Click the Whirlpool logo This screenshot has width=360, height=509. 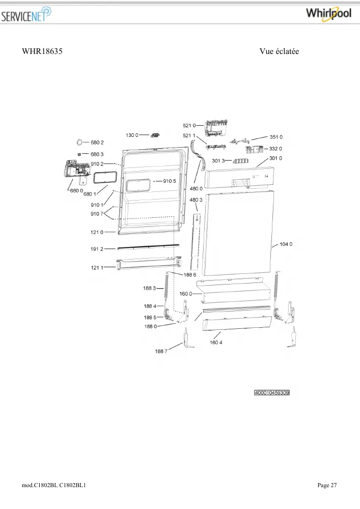[x=328, y=14]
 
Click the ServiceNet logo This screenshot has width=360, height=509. [x=26, y=14]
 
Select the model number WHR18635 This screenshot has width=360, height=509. [x=42, y=51]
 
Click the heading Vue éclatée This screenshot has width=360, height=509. [x=279, y=51]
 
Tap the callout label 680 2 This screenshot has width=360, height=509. [x=97, y=143]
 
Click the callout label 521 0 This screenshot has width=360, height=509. [x=189, y=126]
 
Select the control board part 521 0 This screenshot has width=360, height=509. [x=216, y=128]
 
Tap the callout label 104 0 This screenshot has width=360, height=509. [x=286, y=244]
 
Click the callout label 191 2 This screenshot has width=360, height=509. [x=97, y=249]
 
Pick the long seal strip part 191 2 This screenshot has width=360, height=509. [x=148, y=247]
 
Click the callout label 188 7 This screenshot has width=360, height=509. [x=161, y=351]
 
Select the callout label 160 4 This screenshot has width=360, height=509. [x=216, y=343]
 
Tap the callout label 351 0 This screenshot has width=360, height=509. [x=276, y=137]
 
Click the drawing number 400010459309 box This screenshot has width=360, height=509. [x=272, y=393]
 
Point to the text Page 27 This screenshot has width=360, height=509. [x=327, y=485]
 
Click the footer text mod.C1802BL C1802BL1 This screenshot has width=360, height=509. [x=54, y=485]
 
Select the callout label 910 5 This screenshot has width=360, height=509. [x=170, y=181]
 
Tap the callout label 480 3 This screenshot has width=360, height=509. [x=196, y=200]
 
